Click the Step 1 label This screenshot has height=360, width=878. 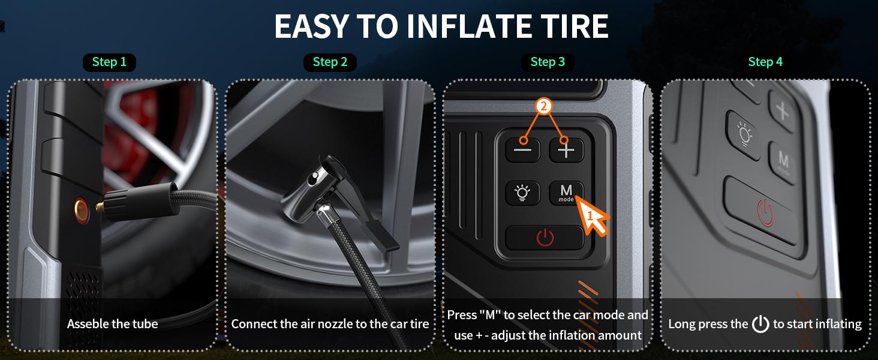point(109,62)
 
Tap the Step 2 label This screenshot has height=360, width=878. point(330,62)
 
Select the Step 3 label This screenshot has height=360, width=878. point(548,62)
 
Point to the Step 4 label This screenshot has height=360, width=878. point(765,62)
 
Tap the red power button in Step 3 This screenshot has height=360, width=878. point(545,238)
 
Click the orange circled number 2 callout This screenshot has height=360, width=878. point(544,106)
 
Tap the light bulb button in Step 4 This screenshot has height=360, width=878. point(744,135)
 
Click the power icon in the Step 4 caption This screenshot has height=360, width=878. point(760,324)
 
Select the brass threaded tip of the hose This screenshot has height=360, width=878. point(100,207)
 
